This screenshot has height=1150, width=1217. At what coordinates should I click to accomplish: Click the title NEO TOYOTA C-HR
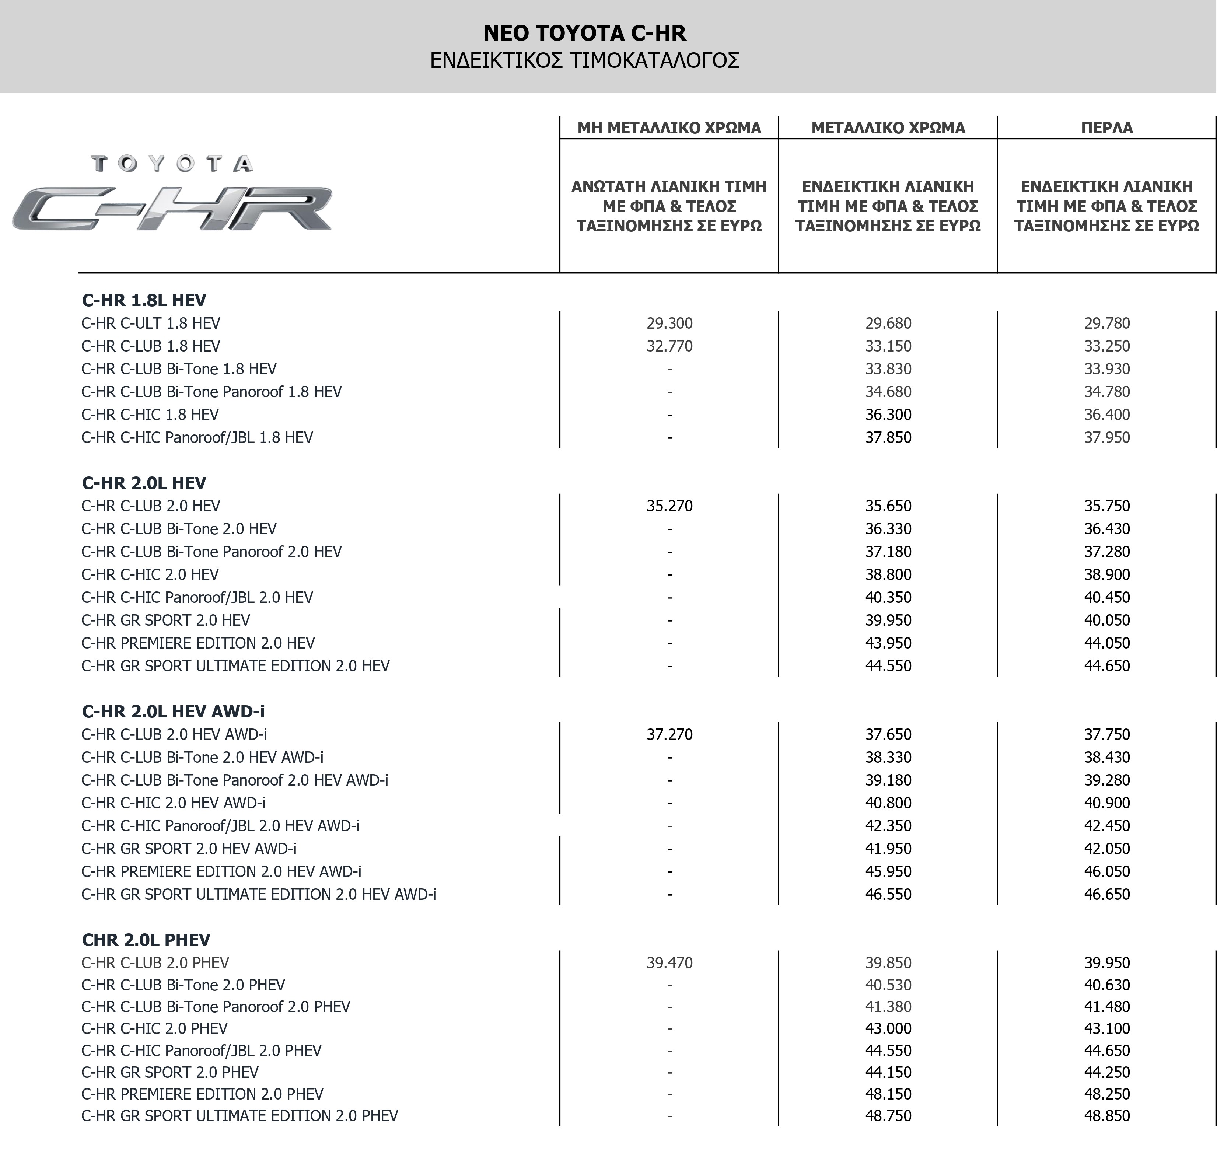(x=584, y=32)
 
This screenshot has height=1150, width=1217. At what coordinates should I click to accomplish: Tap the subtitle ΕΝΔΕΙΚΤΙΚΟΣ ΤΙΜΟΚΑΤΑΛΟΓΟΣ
(x=584, y=61)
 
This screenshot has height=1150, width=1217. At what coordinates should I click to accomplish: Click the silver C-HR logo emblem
(x=172, y=209)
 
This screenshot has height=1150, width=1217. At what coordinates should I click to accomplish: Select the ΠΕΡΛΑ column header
(x=1106, y=128)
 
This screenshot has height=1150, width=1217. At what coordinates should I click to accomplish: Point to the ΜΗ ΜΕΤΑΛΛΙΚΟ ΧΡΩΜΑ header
(x=669, y=128)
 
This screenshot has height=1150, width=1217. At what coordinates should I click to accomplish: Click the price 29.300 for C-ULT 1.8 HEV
(x=669, y=323)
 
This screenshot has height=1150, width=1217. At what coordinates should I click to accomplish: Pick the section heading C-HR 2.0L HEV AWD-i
(x=174, y=711)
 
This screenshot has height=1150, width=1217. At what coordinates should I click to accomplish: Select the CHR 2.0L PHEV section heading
(x=146, y=940)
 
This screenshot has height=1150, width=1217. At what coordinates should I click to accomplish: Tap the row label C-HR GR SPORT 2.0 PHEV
(x=170, y=1072)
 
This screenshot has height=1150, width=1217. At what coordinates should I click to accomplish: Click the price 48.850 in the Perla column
(x=1106, y=1116)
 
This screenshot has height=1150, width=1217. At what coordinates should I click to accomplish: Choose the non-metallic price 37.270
(x=669, y=734)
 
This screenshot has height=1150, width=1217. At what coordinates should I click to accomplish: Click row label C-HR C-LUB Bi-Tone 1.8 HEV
(x=179, y=369)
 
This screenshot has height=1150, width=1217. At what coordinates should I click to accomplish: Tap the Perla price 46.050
(x=1106, y=871)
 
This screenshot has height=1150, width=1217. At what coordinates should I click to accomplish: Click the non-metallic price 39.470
(x=669, y=963)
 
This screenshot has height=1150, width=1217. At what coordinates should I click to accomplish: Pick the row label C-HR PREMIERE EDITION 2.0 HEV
(x=198, y=643)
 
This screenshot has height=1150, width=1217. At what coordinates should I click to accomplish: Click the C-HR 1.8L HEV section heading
(x=144, y=300)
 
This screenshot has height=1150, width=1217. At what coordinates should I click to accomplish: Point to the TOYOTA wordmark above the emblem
(x=172, y=164)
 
